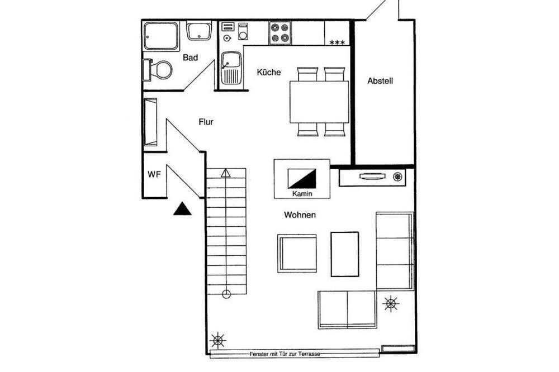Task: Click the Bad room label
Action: [x=190, y=58]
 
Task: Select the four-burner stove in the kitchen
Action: [x=280, y=33]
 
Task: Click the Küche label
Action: [x=269, y=72]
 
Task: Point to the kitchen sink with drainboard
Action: [x=231, y=68]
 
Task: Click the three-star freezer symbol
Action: [x=337, y=42]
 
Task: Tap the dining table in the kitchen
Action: [x=319, y=102]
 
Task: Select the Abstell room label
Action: [x=380, y=81]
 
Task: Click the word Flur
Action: [x=206, y=122]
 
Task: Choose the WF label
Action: [x=154, y=175]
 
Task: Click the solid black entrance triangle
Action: [x=182, y=209]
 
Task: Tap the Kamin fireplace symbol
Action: [x=302, y=179]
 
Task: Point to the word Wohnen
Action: [x=300, y=215]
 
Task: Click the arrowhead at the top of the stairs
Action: [x=226, y=173]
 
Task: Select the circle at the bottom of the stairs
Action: [x=226, y=294]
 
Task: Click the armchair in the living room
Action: [x=297, y=254]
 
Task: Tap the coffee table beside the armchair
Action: [x=345, y=254]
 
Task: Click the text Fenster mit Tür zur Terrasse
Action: [x=285, y=354]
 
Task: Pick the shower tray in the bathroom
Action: [x=161, y=36]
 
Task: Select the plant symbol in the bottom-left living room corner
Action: [x=218, y=340]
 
